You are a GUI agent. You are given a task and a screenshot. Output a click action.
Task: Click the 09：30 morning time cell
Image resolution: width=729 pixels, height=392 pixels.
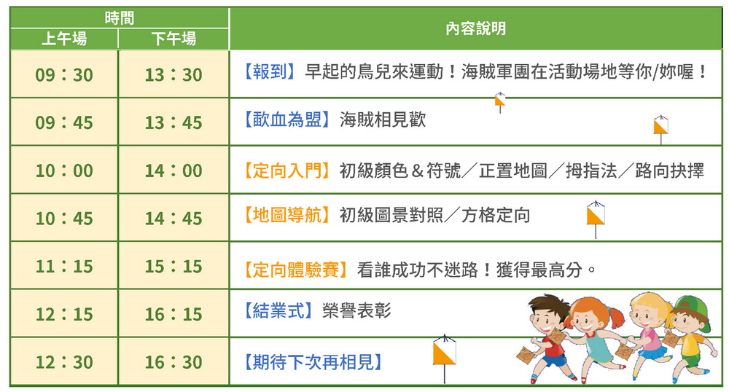click(64, 74)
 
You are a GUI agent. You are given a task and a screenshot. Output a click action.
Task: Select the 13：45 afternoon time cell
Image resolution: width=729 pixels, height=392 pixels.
click(174, 122)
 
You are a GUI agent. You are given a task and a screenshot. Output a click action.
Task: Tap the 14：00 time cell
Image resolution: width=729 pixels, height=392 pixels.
click(174, 170)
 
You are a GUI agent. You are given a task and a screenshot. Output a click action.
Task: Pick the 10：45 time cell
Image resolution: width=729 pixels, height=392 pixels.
click(64, 219)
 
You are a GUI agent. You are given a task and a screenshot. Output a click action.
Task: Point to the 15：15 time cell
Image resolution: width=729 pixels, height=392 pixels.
click(174, 266)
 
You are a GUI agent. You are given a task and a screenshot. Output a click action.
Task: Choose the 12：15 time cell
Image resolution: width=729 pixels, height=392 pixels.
click(64, 314)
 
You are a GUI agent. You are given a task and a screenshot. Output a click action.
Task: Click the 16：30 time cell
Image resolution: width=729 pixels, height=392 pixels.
click(174, 362)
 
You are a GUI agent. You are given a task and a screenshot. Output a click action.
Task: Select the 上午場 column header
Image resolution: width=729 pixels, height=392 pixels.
click(64, 39)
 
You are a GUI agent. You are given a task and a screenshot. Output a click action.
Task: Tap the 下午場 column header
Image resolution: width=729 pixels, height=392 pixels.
click(174, 39)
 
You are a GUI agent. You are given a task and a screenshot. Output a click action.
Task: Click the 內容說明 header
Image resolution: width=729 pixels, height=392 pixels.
click(475, 28)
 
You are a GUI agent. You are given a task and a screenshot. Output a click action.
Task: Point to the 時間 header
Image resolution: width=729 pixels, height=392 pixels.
click(120, 18)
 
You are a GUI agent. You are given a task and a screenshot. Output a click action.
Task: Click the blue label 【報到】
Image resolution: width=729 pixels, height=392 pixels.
click(270, 71)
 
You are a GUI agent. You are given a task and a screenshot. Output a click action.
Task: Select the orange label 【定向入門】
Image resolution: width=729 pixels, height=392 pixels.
click(287, 170)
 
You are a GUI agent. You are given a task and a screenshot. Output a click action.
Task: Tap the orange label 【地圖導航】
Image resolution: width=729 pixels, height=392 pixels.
click(287, 215)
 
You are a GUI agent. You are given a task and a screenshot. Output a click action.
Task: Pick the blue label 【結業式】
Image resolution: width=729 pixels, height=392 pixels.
click(278, 310)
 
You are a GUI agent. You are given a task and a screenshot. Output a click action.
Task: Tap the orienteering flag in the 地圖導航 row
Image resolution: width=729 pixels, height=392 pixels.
click(596, 219)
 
